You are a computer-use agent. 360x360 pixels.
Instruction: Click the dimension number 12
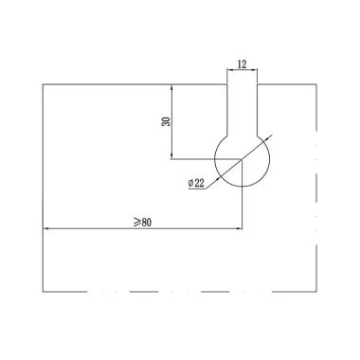click(242, 64)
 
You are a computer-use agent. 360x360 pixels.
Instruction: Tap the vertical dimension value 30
click(166, 121)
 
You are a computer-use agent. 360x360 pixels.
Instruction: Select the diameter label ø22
click(196, 183)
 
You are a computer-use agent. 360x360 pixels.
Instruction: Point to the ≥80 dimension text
click(143, 223)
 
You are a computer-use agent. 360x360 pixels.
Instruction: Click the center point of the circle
click(243, 159)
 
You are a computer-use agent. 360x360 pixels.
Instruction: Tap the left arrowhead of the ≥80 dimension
click(45, 228)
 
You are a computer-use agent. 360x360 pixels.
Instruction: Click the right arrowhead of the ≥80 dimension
click(239, 228)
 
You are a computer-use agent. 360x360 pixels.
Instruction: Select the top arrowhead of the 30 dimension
click(171, 87)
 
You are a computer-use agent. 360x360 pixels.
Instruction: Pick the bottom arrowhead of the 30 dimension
click(171, 156)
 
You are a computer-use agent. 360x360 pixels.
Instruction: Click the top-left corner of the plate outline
click(43, 84)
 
